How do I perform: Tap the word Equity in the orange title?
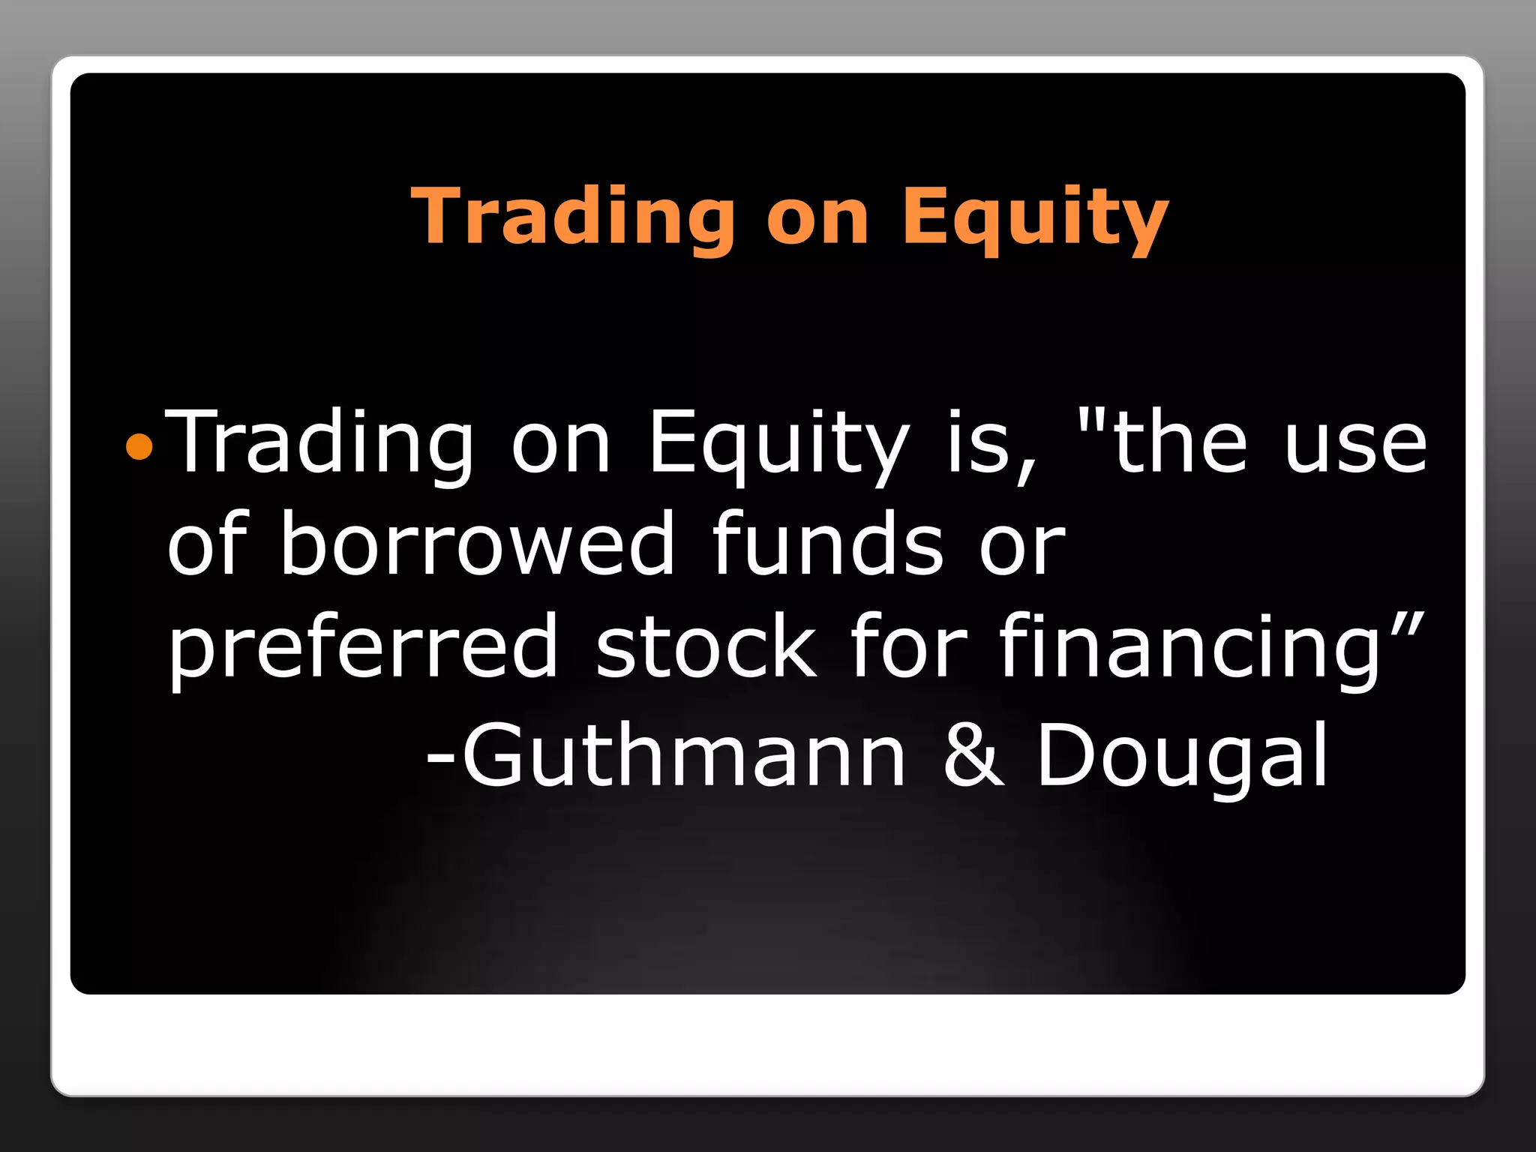tap(1035, 217)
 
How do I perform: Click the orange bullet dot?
tap(139, 448)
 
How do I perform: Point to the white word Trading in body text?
tap(319, 444)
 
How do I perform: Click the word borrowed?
tap(478, 543)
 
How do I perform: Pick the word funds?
tap(827, 543)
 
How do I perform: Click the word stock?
tap(706, 645)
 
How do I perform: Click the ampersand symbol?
tap(973, 756)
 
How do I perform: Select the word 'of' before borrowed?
tap(207, 543)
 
